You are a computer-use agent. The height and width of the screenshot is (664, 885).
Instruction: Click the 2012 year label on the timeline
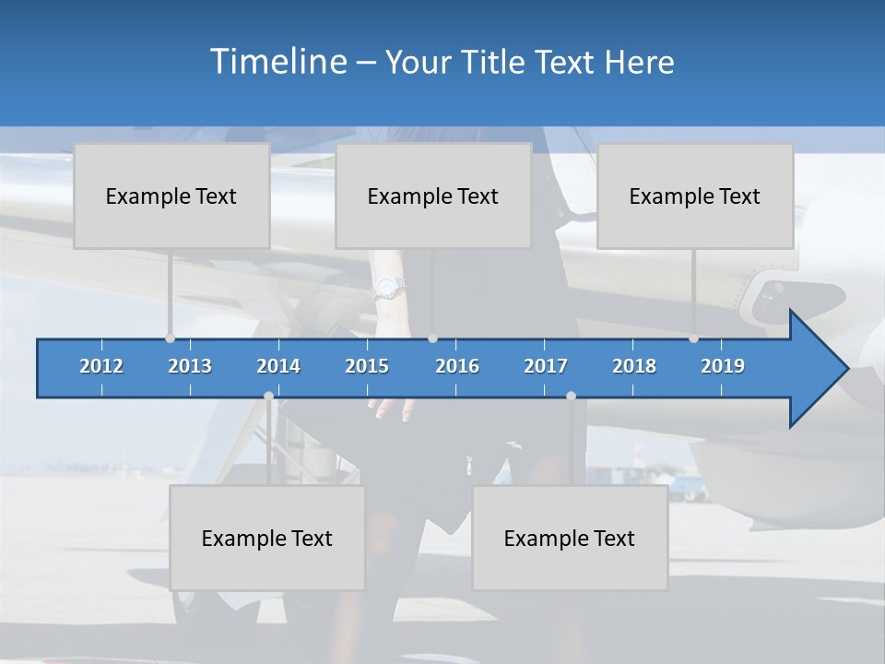(x=101, y=366)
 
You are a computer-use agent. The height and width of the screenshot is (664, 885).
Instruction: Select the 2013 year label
(x=190, y=366)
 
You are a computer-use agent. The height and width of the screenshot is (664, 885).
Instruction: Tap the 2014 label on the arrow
(x=278, y=366)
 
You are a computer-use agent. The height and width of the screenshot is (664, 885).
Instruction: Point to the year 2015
(x=367, y=366)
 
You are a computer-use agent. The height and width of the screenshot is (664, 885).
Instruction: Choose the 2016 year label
(x=457, y=366)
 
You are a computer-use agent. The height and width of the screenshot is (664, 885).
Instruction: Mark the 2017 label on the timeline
(x=546, y=366)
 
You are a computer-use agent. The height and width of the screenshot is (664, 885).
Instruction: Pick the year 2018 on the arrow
(x=634, y=366)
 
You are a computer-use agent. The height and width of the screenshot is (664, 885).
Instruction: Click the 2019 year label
(x=723, y=366)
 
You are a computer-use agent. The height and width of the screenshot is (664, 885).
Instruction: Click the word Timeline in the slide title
(x=277, y=62)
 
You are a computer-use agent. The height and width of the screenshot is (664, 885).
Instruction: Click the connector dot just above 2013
(x=170, y=338)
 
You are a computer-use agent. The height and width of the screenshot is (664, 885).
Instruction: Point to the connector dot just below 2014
(x=268, y=396)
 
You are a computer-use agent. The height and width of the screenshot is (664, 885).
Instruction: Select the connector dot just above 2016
(x=433, y=338)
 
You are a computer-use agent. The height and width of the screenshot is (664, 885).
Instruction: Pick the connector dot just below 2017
(x=571, y=396)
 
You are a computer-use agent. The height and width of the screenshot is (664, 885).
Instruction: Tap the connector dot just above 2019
(x=693, y=338)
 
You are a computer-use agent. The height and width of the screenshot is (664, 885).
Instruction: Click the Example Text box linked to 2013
(x=171, y=196)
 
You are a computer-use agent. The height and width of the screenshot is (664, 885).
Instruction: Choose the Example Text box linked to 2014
(x=267, y=538)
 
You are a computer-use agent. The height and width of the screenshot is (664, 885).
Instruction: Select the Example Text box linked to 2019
(x=695, y=196)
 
